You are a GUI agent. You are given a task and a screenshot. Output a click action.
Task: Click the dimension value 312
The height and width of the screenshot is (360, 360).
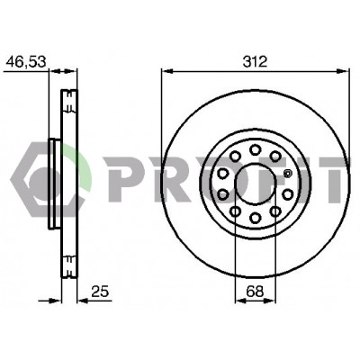coord(255,62)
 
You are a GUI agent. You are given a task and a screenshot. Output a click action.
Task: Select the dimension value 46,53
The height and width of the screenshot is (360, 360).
coord(26,62)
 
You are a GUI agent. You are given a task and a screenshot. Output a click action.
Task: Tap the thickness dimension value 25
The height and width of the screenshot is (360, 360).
coord(100,292)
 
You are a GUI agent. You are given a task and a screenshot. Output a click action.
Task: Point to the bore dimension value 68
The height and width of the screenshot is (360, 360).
coord(255,292)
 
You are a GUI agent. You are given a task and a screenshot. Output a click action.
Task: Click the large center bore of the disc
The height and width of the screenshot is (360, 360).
coord(256,184)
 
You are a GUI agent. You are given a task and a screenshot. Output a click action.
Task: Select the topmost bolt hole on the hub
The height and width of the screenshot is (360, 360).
coord(256,149)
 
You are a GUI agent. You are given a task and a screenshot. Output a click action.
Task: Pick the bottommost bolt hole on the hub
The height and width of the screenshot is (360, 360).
coord(256,218)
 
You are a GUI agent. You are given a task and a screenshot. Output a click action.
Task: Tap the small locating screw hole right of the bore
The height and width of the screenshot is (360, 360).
coord(287,174)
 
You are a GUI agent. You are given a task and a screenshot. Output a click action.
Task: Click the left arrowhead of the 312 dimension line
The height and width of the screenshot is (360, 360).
coord(167,71)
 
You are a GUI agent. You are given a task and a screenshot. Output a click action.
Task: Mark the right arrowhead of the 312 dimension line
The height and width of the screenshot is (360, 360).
coord(344,71)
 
